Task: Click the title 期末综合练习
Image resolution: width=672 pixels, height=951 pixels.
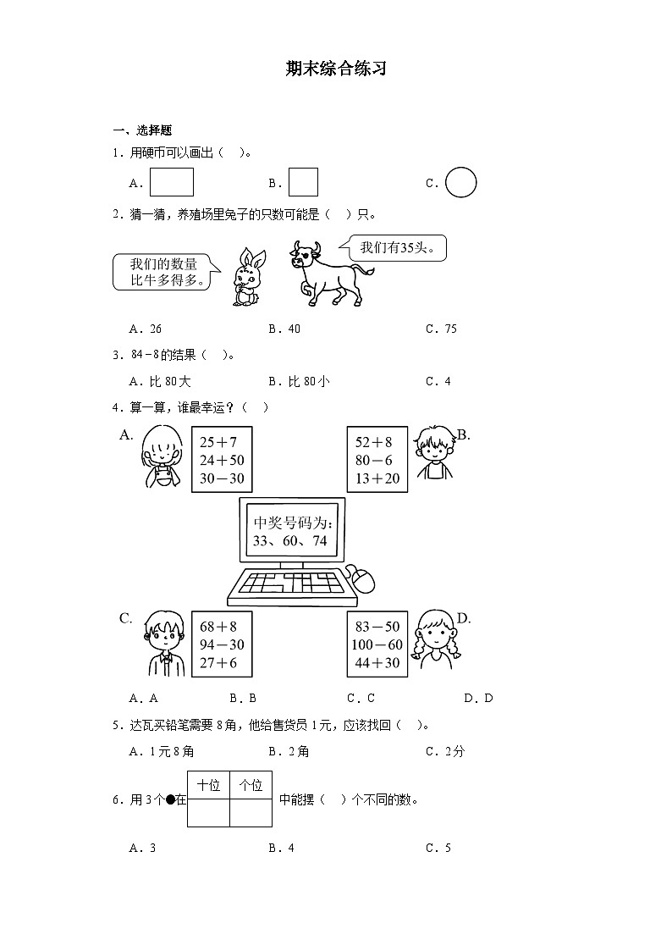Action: pyautogui.click(x=336, y=69)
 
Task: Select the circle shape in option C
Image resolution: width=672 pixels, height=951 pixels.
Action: pyautogui.click(x=460, y=182)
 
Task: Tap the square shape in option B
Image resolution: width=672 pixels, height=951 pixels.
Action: pyautogui.click(x=303, y=182)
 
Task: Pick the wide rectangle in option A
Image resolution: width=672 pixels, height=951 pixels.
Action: pyautogui.click(x=172, y=182)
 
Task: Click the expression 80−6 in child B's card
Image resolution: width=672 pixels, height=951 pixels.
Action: pyautogui.click(x=373, y=460)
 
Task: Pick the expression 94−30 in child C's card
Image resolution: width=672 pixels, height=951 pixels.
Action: pyautogui.click(x=218, y=645)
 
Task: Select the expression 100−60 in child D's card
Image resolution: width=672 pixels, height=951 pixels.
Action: pyautogui.click(x=377, y=645)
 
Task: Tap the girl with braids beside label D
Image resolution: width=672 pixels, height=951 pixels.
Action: pyautogui.click(x=432, y=641)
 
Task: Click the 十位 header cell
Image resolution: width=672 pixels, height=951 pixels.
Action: pyautogui.click(x=208, y=785)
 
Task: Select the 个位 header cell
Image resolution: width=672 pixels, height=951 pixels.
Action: pyautogui.click(x=251, y=785)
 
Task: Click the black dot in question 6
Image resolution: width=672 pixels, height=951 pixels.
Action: pyautogui.click(x=171, y=799)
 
